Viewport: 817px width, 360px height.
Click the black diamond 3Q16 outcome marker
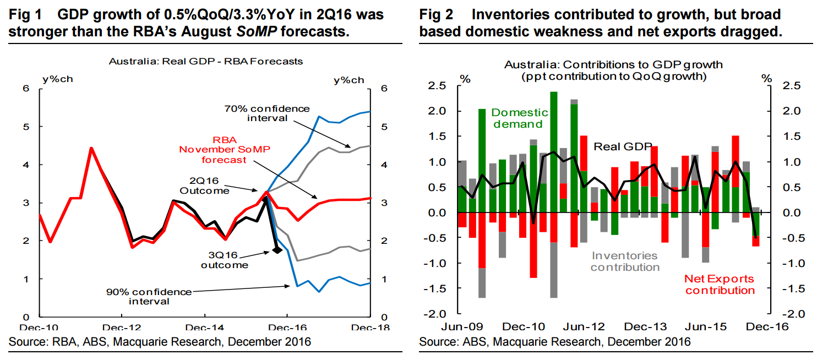277,250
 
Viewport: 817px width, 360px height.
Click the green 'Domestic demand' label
517,118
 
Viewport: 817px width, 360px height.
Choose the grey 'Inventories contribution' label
625,261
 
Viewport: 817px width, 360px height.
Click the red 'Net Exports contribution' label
720,285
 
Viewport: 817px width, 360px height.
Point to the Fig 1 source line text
160,342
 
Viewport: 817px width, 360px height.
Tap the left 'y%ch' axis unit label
57,78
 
